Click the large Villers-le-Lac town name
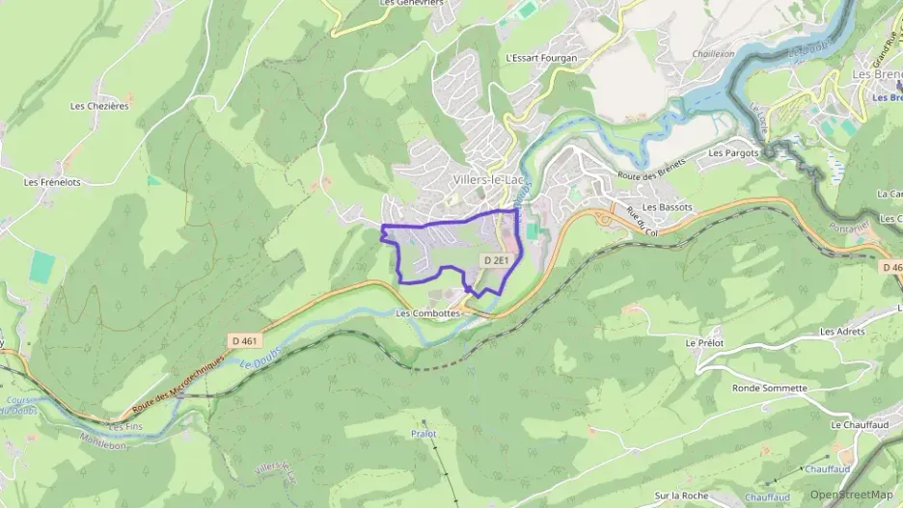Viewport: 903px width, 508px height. click(487, 180)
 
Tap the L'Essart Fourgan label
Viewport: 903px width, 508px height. click(541, 58)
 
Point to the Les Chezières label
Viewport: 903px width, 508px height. click(100, 106)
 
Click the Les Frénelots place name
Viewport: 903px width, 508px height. click(52, 181)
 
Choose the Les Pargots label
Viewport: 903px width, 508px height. click(734, 152)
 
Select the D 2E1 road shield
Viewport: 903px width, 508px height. click(496, 260)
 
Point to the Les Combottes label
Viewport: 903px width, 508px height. click(428, 313)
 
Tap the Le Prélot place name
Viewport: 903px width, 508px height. click(704, 342)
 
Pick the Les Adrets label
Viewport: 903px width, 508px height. click(842, 332)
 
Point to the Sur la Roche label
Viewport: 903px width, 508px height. click(681, 495)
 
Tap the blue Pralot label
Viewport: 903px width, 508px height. click(424, 434)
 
